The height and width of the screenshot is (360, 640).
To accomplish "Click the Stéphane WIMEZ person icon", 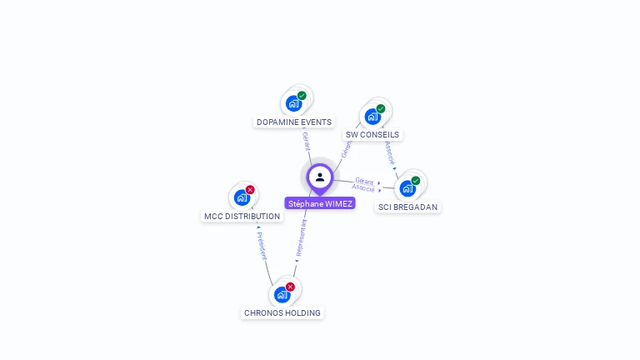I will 320,177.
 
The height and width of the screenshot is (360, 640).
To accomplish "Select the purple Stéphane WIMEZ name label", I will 320,203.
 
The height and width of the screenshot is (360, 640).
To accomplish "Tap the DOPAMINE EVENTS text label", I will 294,122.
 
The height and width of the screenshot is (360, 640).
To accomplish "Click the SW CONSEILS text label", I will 372,135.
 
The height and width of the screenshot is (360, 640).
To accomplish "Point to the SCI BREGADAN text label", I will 407,207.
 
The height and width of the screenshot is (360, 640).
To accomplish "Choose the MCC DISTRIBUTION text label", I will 242,217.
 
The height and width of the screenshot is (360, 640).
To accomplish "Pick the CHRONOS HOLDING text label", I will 282,313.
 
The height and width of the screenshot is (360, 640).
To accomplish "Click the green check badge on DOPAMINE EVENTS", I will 302,96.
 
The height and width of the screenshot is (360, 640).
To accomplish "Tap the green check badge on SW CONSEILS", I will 381,108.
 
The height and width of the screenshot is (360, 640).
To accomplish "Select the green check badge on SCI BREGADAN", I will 416,181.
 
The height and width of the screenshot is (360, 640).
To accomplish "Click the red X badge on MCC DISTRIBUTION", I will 250,190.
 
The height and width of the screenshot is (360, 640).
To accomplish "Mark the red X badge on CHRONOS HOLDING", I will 290,287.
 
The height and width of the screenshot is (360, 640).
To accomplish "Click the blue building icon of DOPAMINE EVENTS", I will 292,103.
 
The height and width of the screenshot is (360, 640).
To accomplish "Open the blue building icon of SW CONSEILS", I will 372,117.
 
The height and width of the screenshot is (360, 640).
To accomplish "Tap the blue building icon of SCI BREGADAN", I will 407,188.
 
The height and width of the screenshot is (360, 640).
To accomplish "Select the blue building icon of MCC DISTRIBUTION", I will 241,197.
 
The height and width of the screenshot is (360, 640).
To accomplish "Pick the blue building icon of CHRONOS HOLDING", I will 282,294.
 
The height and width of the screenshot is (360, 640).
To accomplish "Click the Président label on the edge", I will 262,246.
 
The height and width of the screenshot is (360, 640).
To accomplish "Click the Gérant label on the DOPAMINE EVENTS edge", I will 306,140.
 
